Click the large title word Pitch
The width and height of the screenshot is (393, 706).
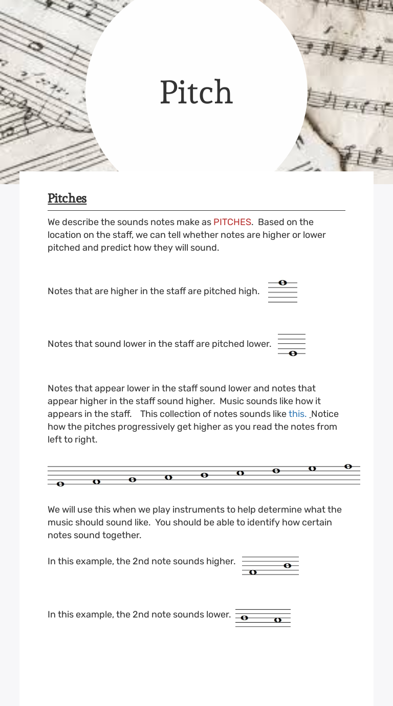(196, 93)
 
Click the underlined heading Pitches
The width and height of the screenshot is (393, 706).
(67, 198)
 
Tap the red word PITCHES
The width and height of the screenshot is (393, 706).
(232, 222)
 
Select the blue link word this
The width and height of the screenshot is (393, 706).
(297, 414)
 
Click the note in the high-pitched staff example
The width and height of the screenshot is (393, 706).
(282, 283)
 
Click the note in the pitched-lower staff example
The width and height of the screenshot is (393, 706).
(293, 354)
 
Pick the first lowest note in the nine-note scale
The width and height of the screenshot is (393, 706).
(60, 484)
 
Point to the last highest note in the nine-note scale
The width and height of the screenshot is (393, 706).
(348, 467)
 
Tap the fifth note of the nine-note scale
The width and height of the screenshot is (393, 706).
(204, 475)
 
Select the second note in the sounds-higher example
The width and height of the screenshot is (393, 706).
(287, 565)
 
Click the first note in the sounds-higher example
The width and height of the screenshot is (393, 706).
(252, 572)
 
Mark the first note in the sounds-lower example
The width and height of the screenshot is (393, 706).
(244, 617)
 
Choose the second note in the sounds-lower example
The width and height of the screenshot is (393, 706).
(277, 620)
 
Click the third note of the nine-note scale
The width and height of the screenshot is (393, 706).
(133, 480)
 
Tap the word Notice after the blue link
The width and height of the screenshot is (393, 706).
(325, 414)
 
